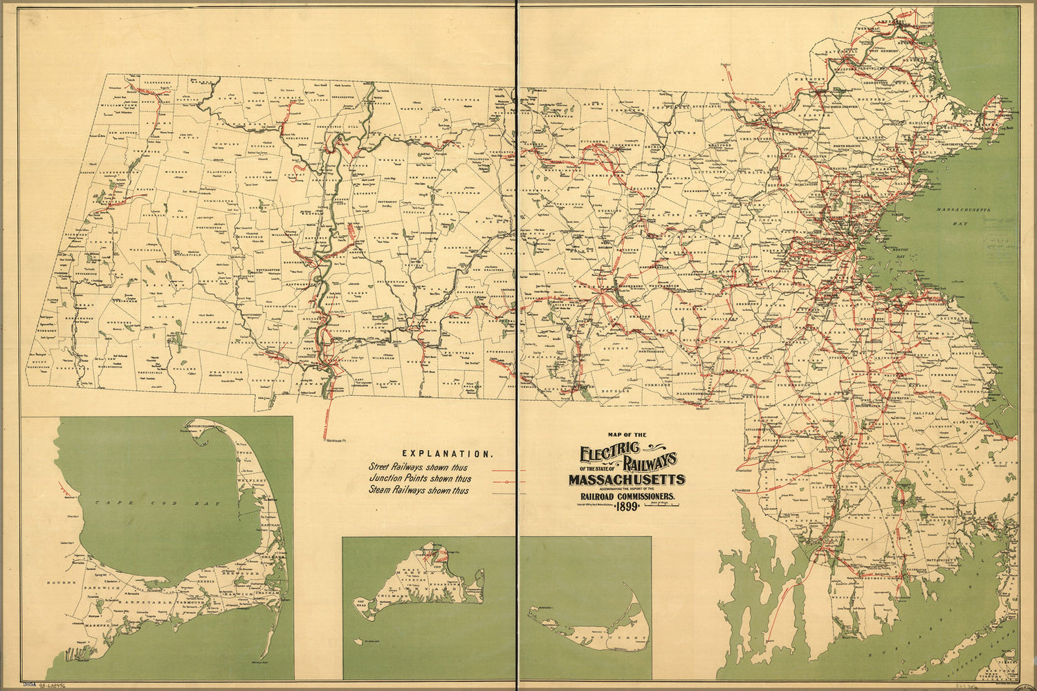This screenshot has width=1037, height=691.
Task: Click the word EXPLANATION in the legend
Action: coord(447,454)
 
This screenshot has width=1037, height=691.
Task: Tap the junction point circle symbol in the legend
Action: coord(507,480)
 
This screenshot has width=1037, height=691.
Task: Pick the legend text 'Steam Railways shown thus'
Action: coord(419,491)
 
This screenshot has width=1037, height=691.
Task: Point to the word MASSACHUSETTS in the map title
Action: coord(627,480)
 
